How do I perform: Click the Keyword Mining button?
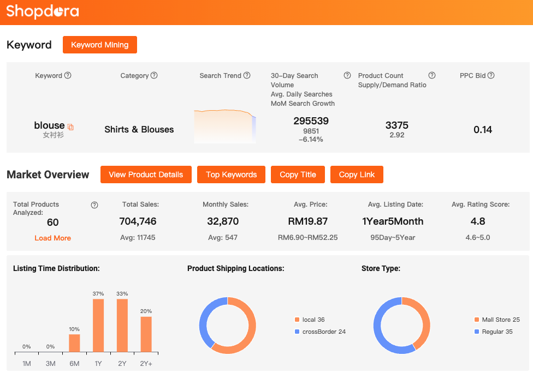(x=100, y=45)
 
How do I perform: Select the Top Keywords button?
(x=231, y=175)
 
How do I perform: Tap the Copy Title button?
(x=298, y=175)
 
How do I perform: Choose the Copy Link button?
(x=357, y=175)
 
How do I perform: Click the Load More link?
(x=52, y=238)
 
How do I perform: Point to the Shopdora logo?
(x=43, y=11)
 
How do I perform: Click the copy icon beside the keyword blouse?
(x=70, y=127)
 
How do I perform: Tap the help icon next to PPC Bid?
(x=491, y=75)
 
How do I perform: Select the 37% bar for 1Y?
(x=98, y=325)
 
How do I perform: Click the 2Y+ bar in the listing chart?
(x=146, y=334)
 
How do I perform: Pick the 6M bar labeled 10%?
(x=74, y=343)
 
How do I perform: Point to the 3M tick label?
(x=50, y=363)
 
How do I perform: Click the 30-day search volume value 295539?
(x=311, y=121)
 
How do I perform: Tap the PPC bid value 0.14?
(x=483, y=129)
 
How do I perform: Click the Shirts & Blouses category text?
(x=139, y=129)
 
